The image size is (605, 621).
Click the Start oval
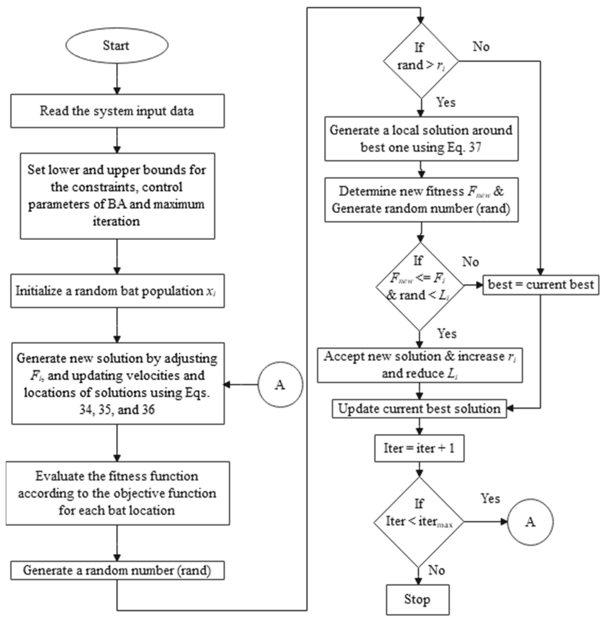(117, 45)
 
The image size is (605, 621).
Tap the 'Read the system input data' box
(117, 111)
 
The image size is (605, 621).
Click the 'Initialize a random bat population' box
(117, 291)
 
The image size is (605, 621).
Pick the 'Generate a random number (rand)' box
(117, 570)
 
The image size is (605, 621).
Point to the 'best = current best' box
(541, 285)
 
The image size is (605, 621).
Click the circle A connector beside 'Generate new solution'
(280, 385)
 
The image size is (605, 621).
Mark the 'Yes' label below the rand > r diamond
(446, 102)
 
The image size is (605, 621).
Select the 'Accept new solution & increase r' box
(420, 365)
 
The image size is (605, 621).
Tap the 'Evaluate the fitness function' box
(117, 493)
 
